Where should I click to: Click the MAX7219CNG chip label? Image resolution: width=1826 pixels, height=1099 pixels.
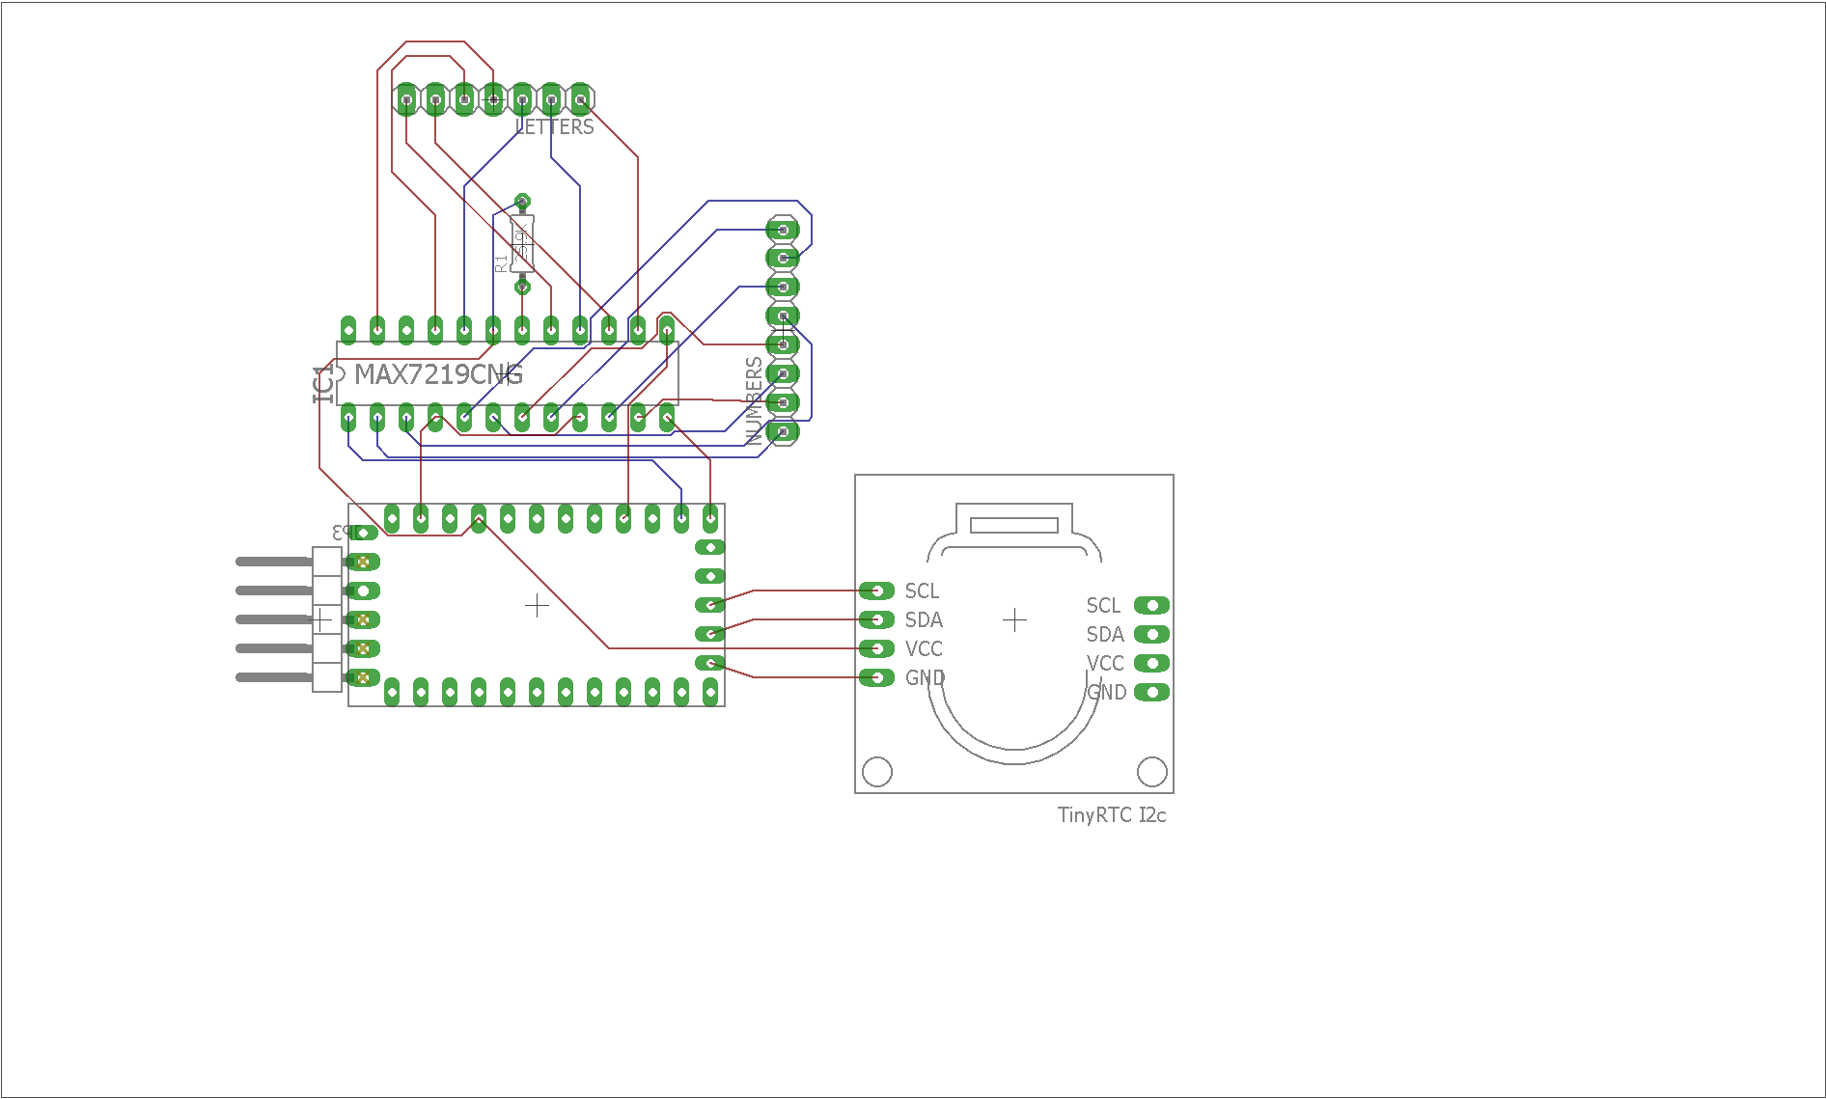coord(438,374)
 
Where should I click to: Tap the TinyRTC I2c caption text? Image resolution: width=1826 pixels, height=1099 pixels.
coord(1112,815)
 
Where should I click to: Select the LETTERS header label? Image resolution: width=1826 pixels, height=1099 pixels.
coord(555,127)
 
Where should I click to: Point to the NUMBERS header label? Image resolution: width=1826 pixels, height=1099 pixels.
coord(755,400)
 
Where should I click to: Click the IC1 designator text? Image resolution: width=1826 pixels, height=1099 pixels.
coord(323,384)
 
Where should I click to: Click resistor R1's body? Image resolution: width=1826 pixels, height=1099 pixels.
coord(522,243)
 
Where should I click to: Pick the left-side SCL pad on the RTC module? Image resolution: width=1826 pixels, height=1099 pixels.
coord(876,591)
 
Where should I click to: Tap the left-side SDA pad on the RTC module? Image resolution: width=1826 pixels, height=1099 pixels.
coord(876,619)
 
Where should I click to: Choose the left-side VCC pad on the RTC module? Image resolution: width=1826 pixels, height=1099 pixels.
coord(876,648)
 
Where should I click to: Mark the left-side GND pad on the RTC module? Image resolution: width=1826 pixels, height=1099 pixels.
coord(876,677)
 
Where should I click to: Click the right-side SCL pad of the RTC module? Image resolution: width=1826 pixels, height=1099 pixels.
coord(1151,605)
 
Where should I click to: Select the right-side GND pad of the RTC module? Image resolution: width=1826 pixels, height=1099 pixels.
coord(1151,692)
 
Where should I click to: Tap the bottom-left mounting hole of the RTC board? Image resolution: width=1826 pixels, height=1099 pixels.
coord(876,772)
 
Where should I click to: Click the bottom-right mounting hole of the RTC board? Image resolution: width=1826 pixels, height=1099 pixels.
coord(1152,772)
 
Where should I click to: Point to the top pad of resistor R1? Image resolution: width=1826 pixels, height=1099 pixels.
coord(522,202)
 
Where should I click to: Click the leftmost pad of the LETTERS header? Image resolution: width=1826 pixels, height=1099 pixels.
coord(406,99)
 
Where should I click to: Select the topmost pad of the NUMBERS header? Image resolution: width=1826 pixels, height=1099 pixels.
coord(783,230)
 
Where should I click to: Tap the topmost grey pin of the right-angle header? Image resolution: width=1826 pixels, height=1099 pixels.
coord(274,562)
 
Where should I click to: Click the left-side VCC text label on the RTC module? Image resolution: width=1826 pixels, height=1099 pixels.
coord(924,648)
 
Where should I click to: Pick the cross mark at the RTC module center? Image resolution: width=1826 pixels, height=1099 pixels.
coord(1014,619)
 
